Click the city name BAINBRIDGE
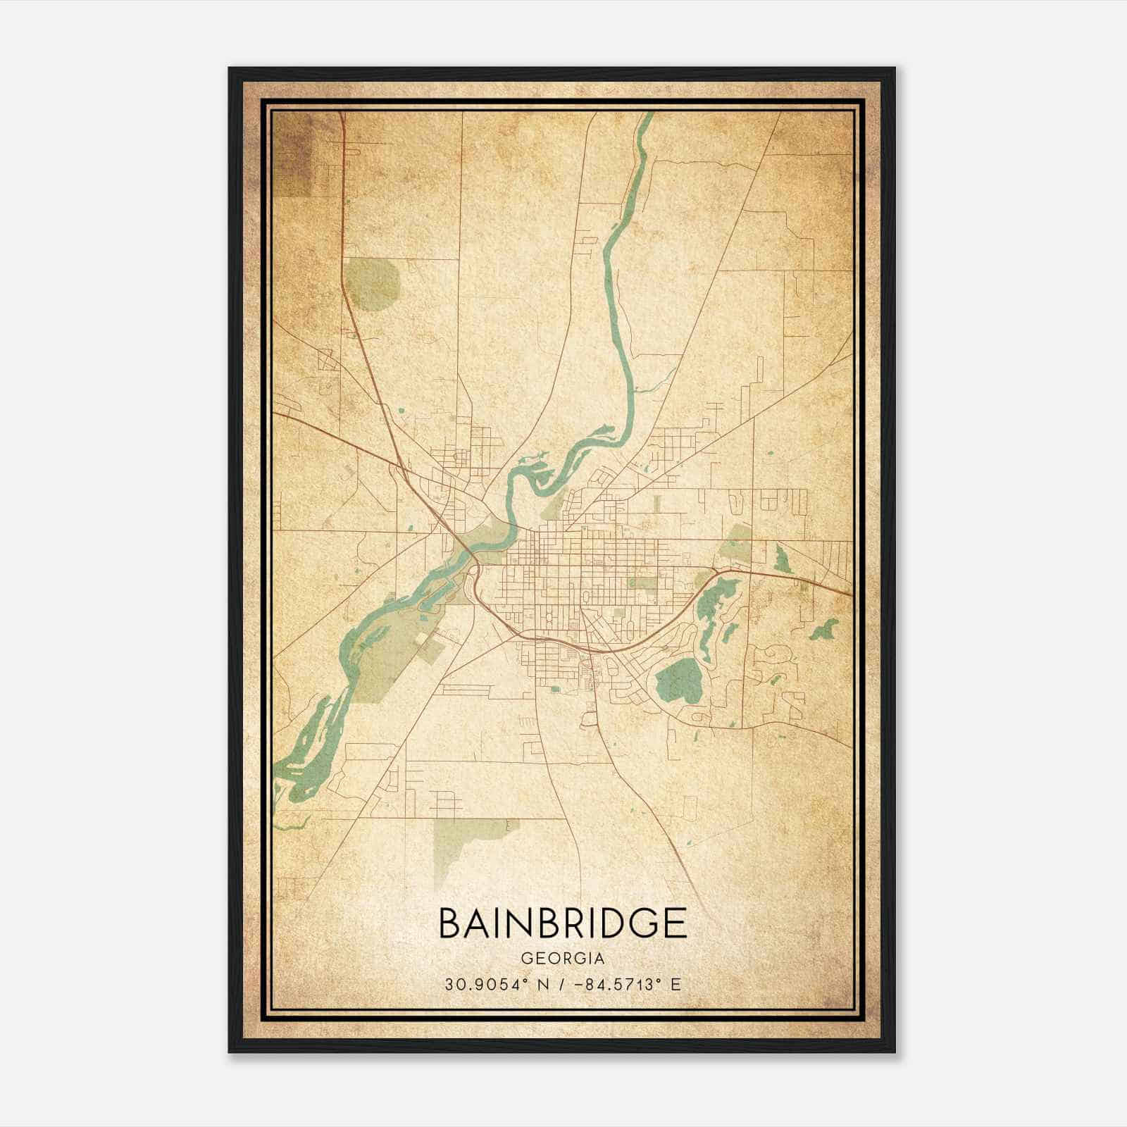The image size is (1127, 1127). pos(562,923)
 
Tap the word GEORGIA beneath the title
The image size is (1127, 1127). pos(562,959)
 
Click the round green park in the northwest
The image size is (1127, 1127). pos(373,284)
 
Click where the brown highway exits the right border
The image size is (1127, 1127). pos(850,594)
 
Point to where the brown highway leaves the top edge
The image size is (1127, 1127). pos(342,115)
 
